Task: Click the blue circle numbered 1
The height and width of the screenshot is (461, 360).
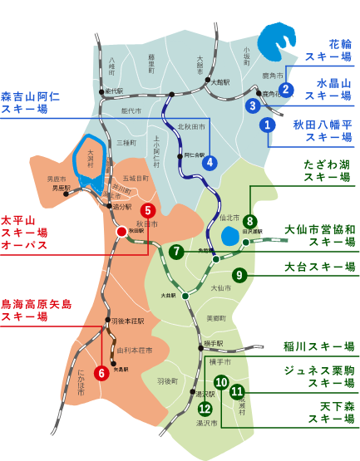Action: (267, 125)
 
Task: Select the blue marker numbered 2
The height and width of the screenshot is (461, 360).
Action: (286, 90)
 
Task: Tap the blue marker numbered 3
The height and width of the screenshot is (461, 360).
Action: (253, 105)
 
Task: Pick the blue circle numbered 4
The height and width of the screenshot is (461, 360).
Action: (210, 163)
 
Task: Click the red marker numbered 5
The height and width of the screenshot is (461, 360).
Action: (148, 211)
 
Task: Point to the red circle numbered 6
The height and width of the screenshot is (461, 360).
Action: (101, 373)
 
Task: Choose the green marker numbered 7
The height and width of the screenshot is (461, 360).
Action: (175, 252)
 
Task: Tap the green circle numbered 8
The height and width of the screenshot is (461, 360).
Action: (249, 222)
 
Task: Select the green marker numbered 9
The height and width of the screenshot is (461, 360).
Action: (239, 275)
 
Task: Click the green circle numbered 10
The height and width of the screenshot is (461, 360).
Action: (221, 382)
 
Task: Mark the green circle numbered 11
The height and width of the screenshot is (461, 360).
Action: (238, 391)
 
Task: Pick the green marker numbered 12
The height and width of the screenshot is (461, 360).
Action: (205, 408)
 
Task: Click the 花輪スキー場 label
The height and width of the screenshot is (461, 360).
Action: (328, 50)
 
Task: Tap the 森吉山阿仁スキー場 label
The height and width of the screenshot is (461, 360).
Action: (31, 102)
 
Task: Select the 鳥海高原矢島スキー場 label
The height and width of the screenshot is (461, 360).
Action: (36, 310)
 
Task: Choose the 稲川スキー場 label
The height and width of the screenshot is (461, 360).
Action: (318, 346)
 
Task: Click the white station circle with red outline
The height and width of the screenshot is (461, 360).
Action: (121, 232)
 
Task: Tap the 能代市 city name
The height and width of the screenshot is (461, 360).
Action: (131, 110)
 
